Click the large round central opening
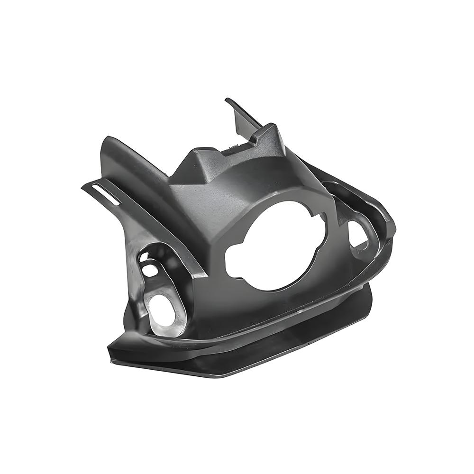[x=275, y=246]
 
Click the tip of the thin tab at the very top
[x=228, y=100]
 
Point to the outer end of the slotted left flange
[x=84, y=186]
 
